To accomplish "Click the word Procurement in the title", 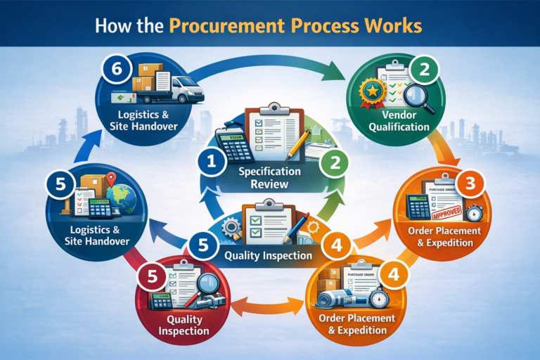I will coord(238,25).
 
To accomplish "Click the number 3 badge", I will coord(469,185).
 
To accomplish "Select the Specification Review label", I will coord(269,178).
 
